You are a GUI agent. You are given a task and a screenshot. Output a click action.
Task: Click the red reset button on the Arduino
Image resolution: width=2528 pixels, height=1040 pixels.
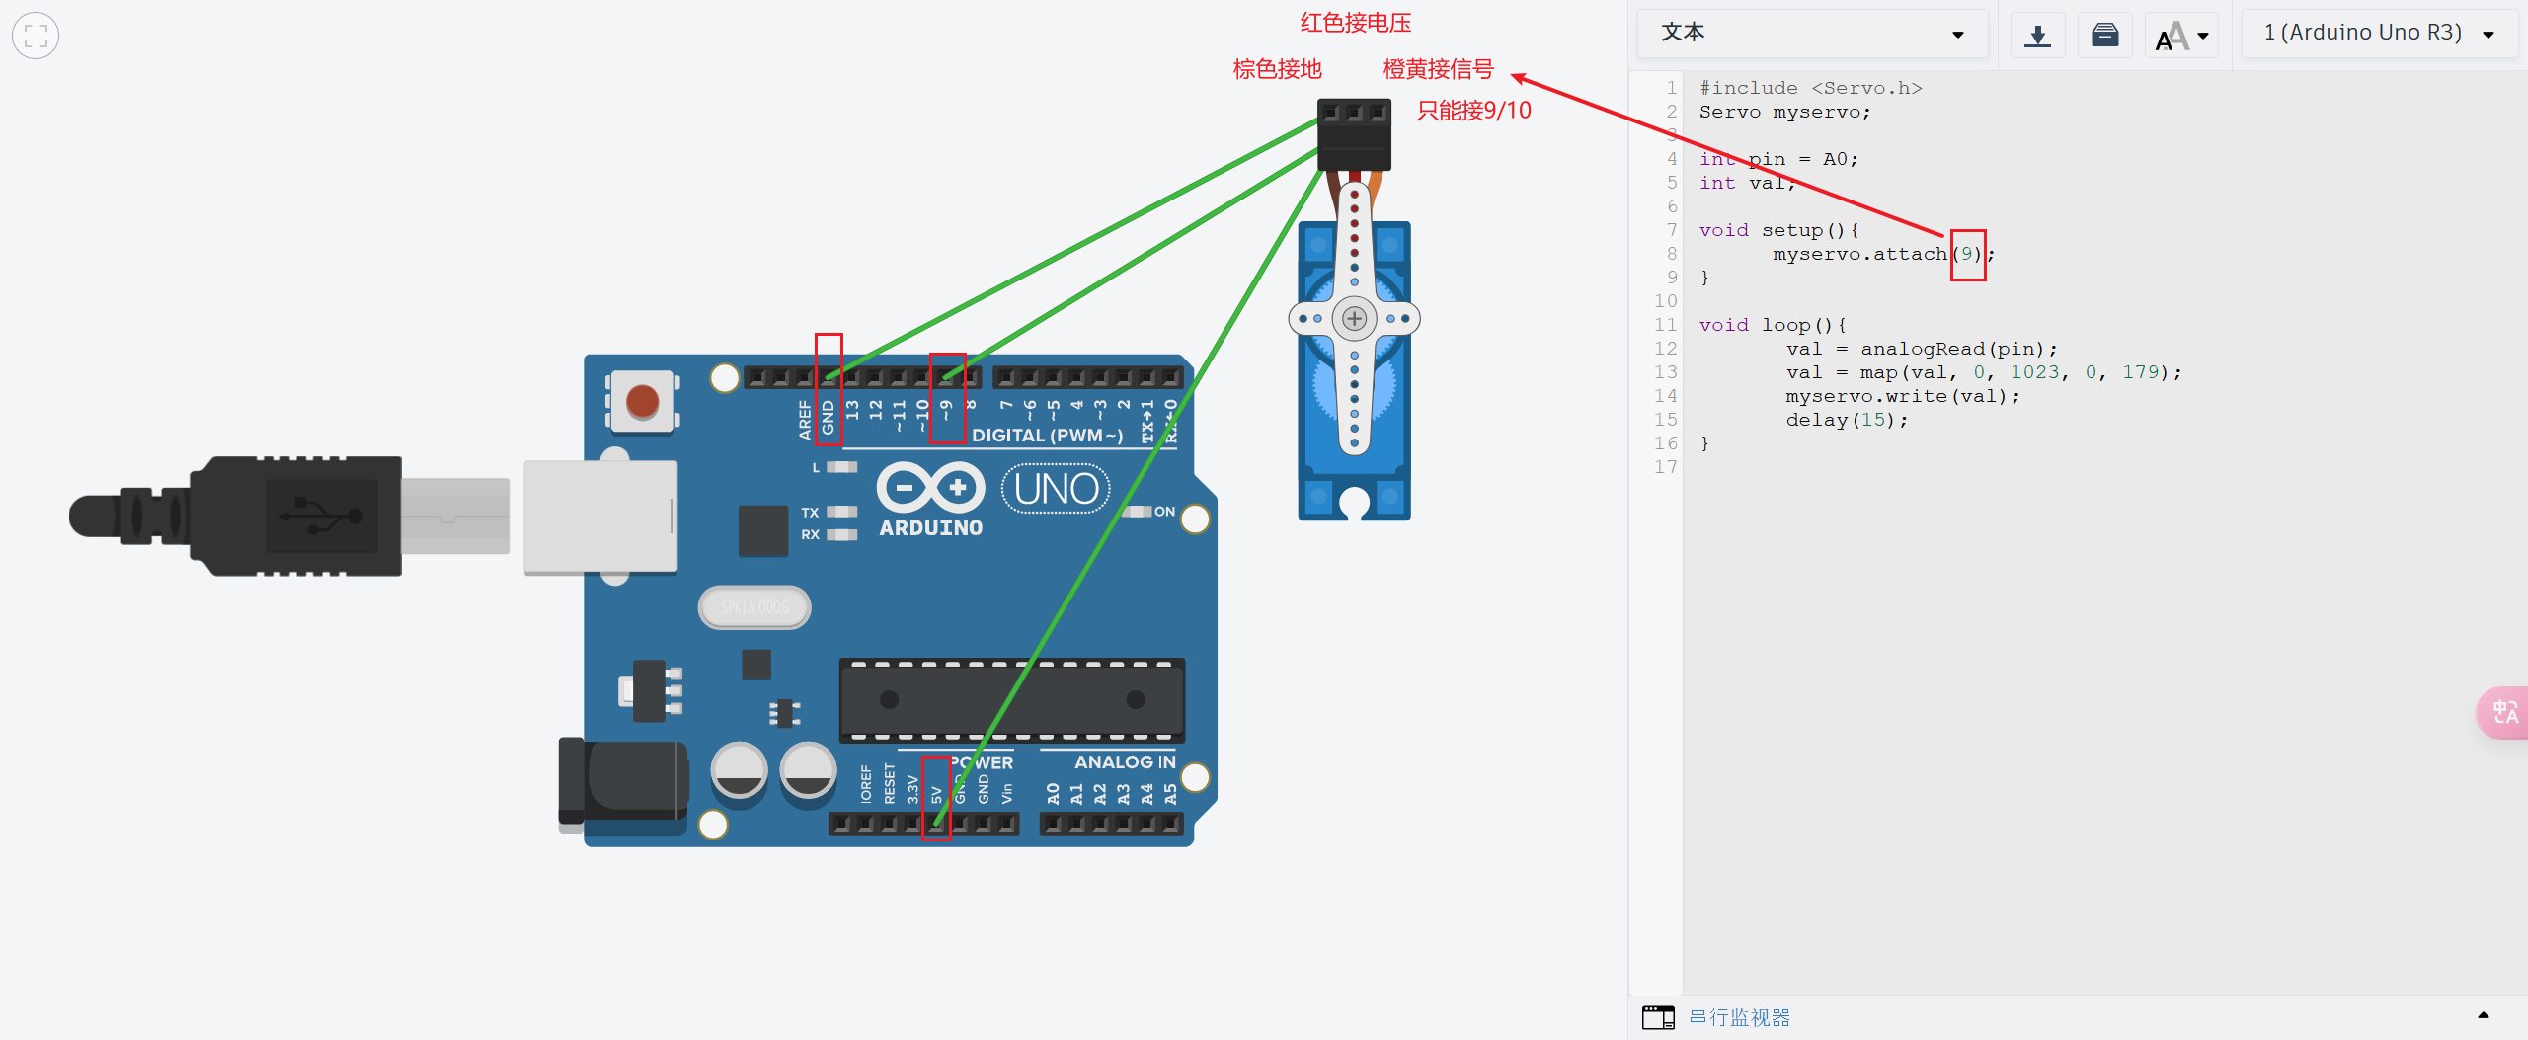coord(642,401)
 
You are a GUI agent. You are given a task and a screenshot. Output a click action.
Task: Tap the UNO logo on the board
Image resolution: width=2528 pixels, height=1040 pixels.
coord(1056,489)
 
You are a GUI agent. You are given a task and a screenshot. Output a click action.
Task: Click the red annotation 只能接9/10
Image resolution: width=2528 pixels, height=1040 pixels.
coord(1473,111)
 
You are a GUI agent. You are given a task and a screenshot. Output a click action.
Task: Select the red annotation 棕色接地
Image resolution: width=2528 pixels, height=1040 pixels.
coord(1277,69)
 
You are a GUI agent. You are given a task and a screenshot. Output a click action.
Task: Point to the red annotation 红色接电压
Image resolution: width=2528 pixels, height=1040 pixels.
coord(1355,23)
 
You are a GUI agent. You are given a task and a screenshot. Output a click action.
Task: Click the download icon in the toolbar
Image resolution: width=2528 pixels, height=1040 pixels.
coord(2037,36)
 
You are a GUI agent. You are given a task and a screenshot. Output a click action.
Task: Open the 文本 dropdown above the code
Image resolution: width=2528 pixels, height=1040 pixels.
coord(1811,34)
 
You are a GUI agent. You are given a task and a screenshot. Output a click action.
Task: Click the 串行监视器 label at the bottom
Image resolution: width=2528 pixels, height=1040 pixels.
coord(1739,1017)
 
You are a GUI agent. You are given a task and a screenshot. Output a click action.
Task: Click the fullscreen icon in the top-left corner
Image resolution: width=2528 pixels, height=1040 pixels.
coord(36,36)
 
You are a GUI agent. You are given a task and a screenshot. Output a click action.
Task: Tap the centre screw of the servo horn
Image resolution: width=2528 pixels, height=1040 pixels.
coord(1354,318)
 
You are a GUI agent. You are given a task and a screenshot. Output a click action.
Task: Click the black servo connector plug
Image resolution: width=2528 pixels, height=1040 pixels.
coord(1354,133)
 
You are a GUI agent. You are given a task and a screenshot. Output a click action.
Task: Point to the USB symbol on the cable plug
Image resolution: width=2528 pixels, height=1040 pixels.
coord(322,515)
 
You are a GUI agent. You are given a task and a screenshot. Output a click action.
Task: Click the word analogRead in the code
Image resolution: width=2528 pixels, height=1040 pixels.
coord(1922,349)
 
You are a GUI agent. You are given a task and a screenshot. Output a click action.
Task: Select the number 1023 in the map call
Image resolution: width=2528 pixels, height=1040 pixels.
coord(2034,372)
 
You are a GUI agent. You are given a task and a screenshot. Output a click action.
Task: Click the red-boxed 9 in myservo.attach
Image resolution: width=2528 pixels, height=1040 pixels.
coord(1967,254)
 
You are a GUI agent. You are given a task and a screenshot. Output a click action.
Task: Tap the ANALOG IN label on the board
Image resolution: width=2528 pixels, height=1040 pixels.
coord(1125,761)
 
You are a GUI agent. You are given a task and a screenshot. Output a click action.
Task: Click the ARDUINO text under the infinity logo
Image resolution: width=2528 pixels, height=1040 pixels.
coord(930,528)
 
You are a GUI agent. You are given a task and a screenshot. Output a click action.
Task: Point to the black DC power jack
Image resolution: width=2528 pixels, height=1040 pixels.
coord(622,780)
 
